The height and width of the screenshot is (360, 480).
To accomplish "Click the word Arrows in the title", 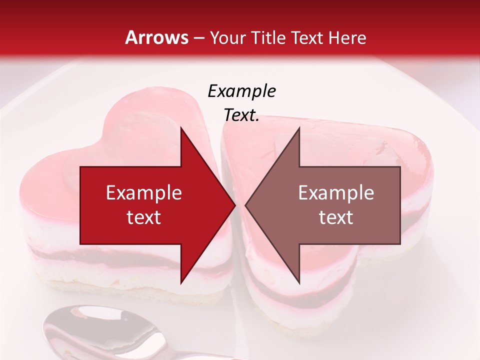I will coord(157,37).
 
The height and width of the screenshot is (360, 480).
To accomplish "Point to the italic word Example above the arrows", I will coord(241,91).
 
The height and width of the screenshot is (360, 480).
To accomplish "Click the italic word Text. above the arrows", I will coord(241,115).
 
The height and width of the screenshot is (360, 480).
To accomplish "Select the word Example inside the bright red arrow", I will coord(144,193).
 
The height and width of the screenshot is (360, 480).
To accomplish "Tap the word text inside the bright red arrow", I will coord(144,217).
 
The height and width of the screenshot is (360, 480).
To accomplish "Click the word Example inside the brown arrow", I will coord(336,193).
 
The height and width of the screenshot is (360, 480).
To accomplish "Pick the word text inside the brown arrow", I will coord(336,217).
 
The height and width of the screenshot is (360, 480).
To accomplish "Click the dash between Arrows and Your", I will coord(198,38).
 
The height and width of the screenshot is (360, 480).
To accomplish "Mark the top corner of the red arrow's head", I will coord(181,128).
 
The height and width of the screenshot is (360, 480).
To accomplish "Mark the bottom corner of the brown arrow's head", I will coord(299,282).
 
